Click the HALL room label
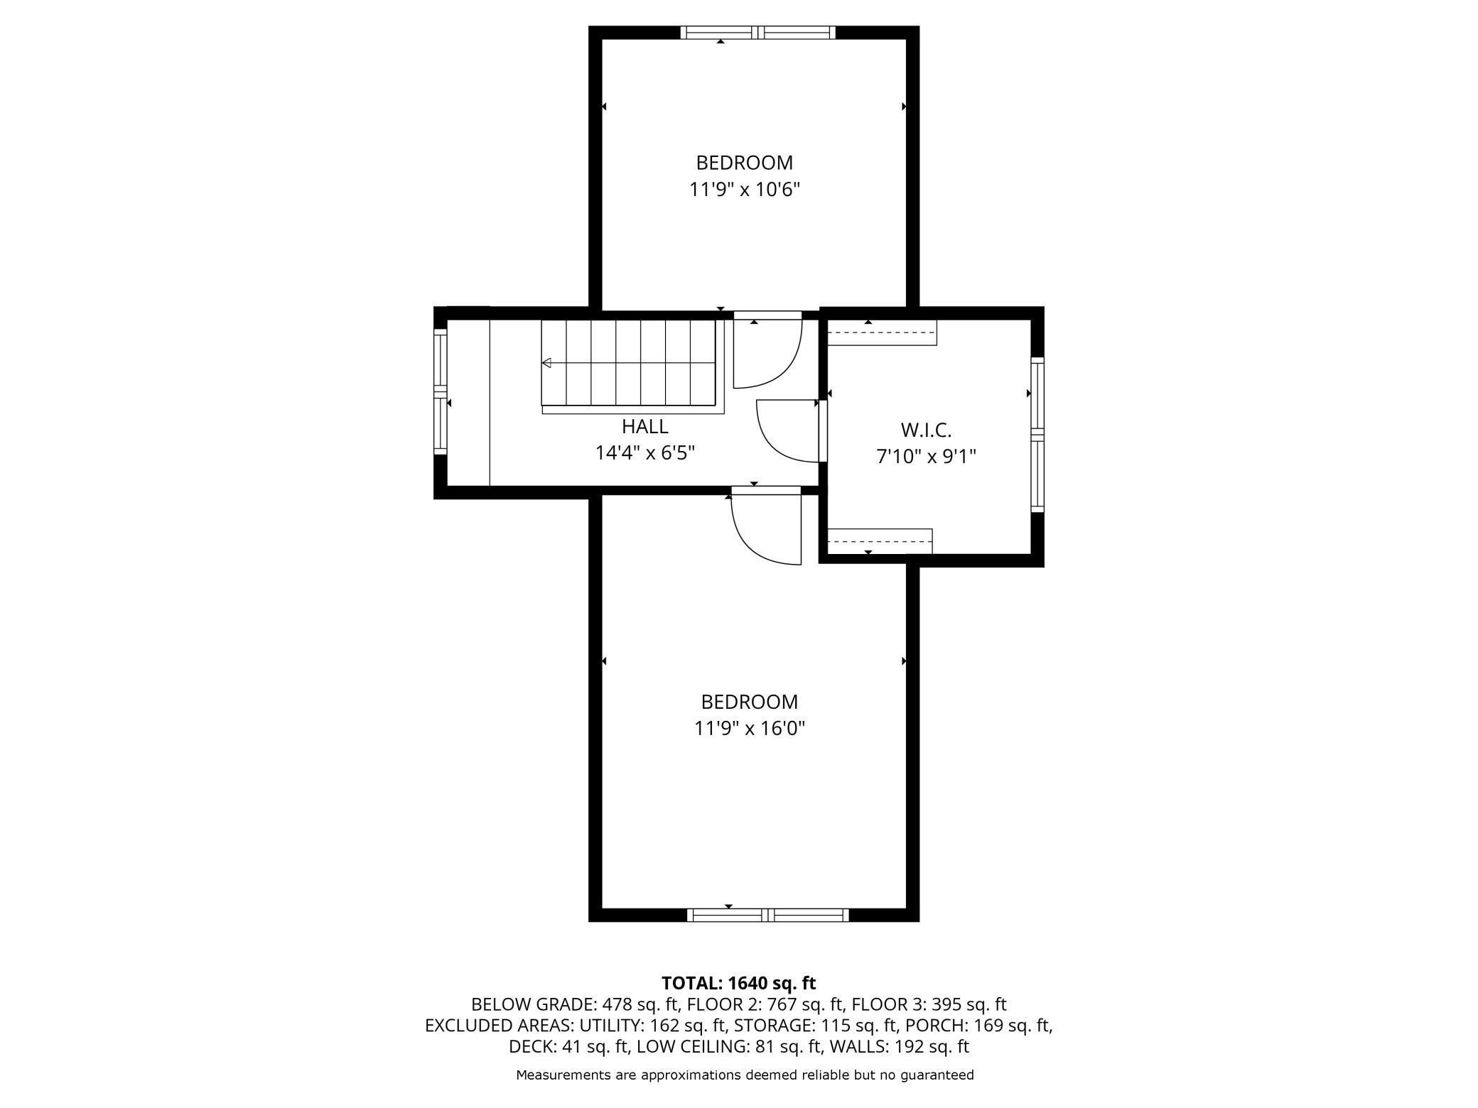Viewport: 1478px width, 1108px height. pyautogui.click(x=644, y=426)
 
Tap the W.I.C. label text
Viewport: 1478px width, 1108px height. pyautogui.click(x=926, y=430)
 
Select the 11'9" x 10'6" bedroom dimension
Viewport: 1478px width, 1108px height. pyautogui.click(x=745, y=190)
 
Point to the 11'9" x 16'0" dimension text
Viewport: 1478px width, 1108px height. pyautogui.click(x=750, y=729)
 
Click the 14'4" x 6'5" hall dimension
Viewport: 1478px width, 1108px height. pyautogui.click(x=644, y=453)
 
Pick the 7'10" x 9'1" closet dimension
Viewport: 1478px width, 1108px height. pyautogui.click(x=926, y=457)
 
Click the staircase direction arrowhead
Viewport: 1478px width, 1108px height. pyautogui.click(x=546, y=363)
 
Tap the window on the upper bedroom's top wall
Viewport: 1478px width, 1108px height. pyautogui.click(x=758, y=32)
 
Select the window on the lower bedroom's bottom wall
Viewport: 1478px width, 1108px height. pyautogui.click(x=768, y=916)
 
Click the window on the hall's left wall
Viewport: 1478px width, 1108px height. pyautogui.click(x=441, y=391)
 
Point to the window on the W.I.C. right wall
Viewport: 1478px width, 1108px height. pyautogui.click(x=1037, y=434)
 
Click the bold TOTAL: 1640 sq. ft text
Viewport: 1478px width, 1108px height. pyautogui.click(x=739, y=983)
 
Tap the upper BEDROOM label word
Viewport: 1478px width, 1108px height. pyautogui.click(x=745, y=163)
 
